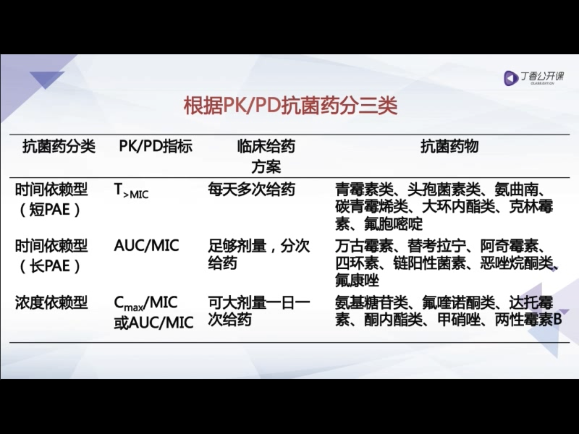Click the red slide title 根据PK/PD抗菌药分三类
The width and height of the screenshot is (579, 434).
pos(291,106)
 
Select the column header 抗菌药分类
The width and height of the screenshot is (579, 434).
pos(59,146)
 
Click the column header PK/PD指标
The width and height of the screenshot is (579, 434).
pos(156,146)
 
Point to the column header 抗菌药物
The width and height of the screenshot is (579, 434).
pos(449,146)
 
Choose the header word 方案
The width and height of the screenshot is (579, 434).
pos(266,166)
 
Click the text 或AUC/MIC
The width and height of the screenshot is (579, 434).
pos(154,322)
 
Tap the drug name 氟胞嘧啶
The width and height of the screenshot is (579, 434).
pos(393,224)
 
